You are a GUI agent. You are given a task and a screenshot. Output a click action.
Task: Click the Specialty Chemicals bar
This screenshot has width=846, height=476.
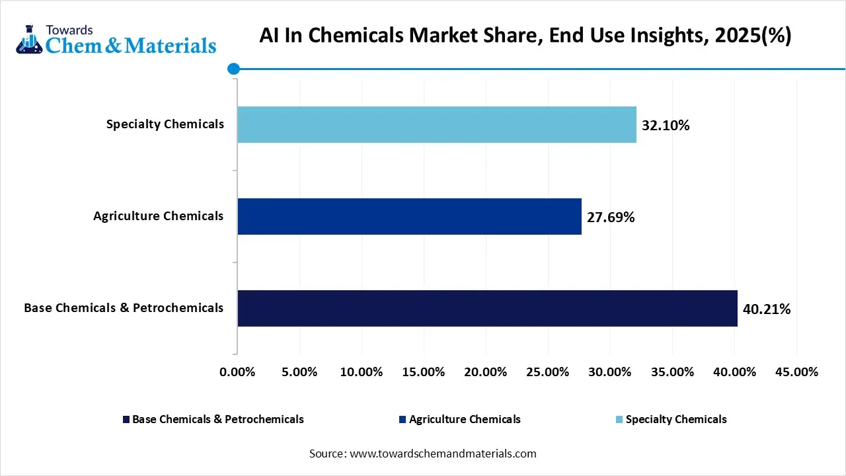[436, 124]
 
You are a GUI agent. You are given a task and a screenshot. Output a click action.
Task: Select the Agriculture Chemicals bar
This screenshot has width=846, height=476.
[409, 216]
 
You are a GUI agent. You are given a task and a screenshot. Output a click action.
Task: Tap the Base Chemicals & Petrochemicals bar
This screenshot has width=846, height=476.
[487, 308]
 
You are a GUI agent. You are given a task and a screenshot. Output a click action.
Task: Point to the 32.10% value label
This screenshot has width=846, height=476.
[666, 126]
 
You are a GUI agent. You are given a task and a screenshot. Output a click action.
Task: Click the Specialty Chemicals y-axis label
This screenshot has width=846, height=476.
[165, 124]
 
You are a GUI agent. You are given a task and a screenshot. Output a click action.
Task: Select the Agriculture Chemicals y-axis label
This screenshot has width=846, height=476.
[158, 216]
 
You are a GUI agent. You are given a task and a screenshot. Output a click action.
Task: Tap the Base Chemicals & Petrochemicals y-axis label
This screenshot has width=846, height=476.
[124, 308]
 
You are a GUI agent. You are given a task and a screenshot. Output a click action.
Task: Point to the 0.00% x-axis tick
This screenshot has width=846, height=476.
[237, 372]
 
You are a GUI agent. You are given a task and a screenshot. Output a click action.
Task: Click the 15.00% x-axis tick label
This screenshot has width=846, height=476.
[423, 372]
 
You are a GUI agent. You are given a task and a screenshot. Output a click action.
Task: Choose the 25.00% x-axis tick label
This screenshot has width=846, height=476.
[548, 372]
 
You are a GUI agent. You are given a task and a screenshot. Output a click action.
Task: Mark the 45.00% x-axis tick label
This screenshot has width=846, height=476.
[796, 372]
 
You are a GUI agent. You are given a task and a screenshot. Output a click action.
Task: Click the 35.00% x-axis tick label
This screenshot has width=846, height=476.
[672, 372]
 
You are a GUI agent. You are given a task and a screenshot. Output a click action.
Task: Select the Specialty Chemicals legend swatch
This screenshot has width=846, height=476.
[619, 420]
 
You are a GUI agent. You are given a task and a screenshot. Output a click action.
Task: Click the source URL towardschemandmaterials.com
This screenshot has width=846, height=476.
[443, 454]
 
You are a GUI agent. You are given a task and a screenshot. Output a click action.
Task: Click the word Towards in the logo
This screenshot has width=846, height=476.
[69, 29]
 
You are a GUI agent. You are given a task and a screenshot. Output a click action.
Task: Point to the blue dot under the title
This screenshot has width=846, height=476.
[233, 68]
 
